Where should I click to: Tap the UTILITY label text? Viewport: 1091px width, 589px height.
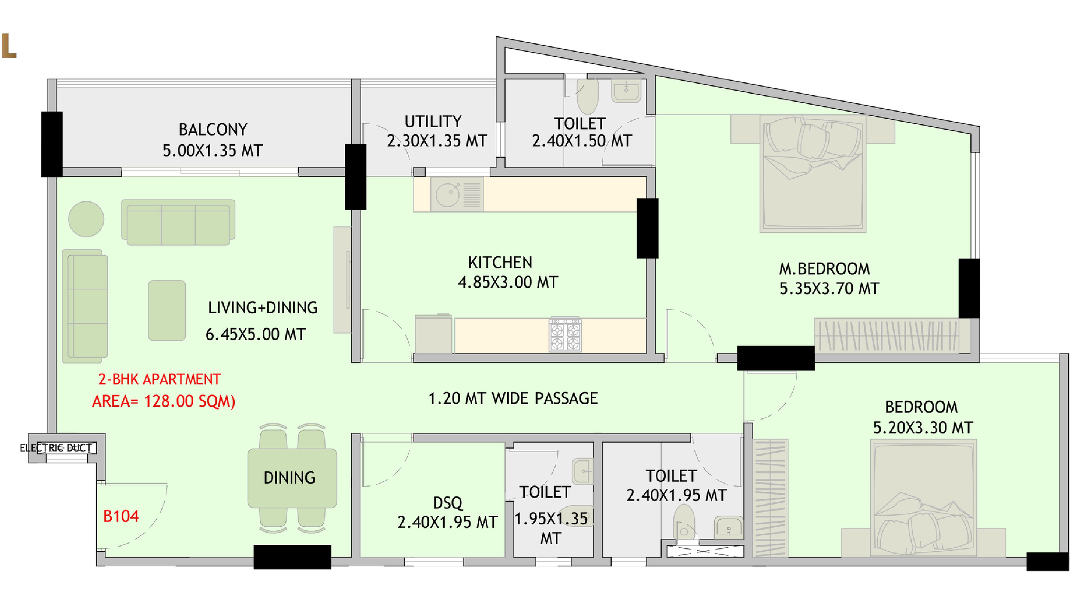(433, 122)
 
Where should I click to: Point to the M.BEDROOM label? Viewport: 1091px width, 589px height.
(824, 269)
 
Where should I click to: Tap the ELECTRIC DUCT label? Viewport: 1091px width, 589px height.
(56, 448)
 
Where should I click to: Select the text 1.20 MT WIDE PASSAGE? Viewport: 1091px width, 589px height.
(513, 398)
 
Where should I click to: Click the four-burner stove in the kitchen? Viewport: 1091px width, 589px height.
(565, 334)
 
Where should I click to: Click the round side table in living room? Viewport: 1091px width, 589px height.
(87, 219)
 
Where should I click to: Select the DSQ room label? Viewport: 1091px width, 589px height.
(448, 503)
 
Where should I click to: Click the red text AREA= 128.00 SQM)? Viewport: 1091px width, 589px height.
(164, 401)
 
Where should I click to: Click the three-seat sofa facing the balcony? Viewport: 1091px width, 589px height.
(178, 223)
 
